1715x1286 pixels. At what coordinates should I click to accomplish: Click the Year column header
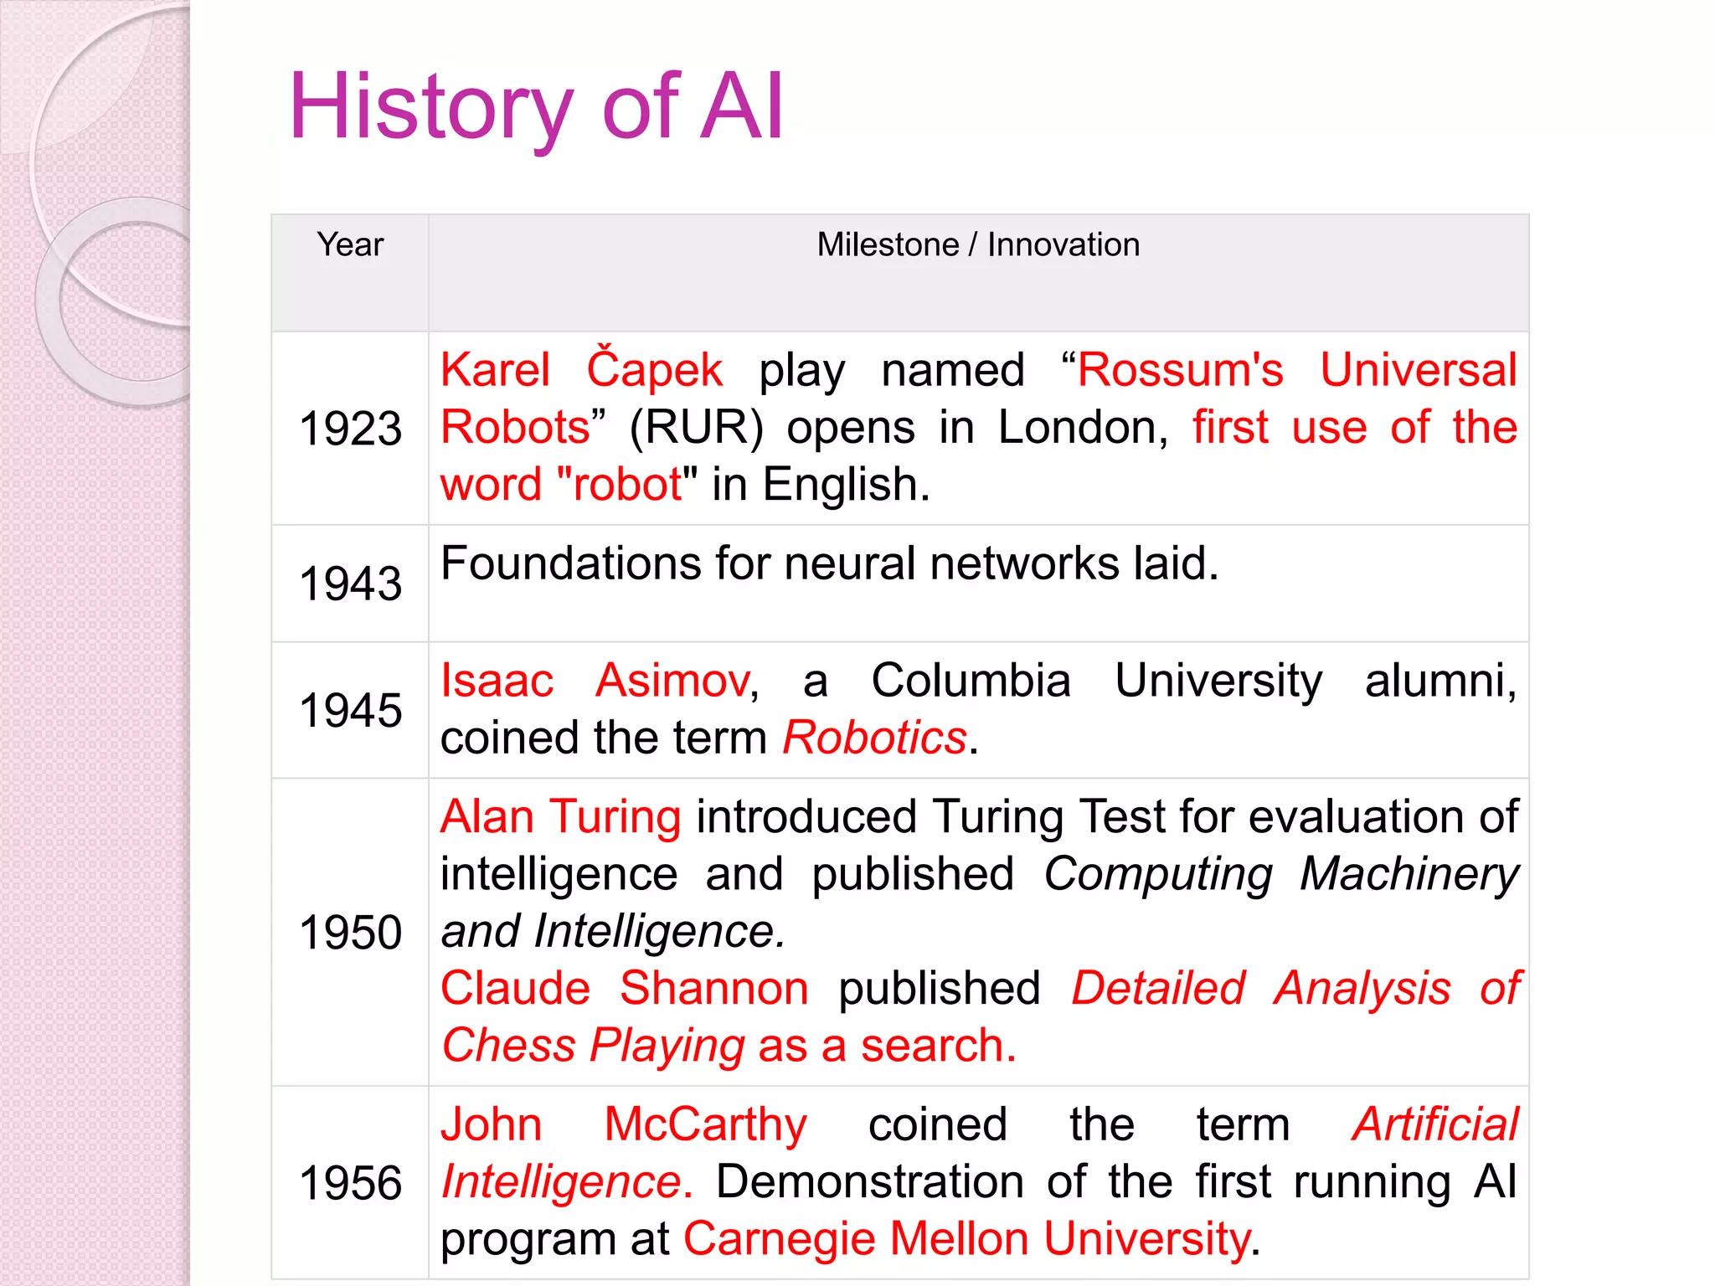[350, 244]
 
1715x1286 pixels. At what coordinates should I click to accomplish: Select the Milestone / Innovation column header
[978, 244]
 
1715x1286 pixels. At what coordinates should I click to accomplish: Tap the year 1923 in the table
[350, 429]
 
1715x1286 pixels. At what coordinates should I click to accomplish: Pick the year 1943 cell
[350, 584]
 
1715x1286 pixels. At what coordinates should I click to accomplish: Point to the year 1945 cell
[350, 710]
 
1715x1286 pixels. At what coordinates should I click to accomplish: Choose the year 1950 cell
[350, 932]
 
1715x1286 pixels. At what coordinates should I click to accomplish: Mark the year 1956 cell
[350, 1183]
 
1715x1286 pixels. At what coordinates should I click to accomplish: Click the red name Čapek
[654, 370]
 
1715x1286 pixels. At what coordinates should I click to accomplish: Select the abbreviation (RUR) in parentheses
[696, 428]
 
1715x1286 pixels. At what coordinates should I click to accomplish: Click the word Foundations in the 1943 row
[569, 563]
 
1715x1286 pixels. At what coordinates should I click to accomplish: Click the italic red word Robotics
[874, 738]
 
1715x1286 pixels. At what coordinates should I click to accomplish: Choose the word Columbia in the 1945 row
[971, 680]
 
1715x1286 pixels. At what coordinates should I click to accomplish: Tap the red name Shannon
[714, 988]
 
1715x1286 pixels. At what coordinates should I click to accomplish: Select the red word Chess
[508, 1046]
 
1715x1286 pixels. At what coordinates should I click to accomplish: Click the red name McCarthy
[705, 1124]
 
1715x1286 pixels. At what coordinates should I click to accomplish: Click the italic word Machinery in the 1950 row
[1409, 874]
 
